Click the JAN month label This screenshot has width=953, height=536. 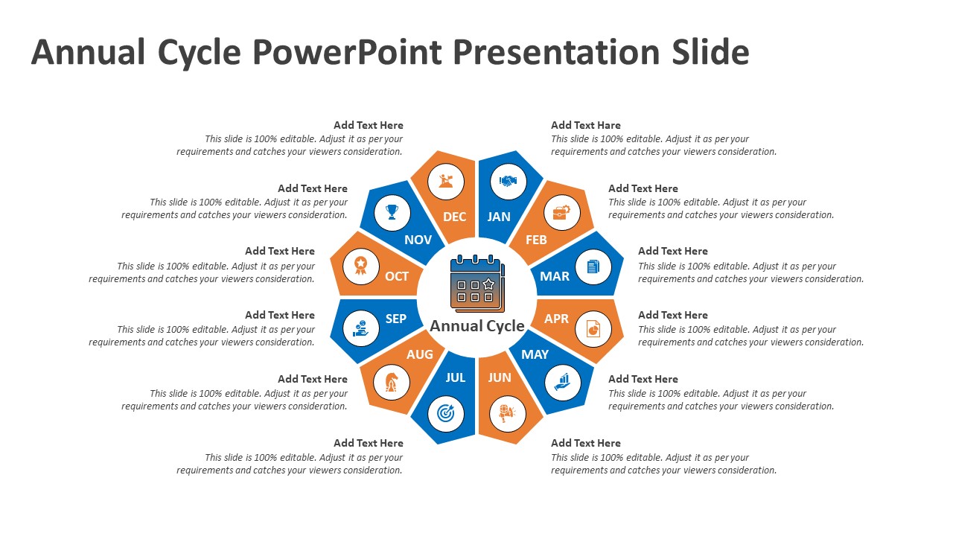tap(499, 217)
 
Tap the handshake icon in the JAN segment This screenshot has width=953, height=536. tap(508, 182)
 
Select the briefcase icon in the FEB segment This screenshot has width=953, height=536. tap(561, 214)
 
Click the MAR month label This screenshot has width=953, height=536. tap(555, 276)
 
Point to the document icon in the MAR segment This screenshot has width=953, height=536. tap(593, 266)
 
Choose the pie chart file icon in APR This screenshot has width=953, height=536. tap(593, 328)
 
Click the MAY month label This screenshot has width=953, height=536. tap(535, 354)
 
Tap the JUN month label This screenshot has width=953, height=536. tap(500, 377)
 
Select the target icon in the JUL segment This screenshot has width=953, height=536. tap(445, 413)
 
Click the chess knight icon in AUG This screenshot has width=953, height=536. tap(391, 383)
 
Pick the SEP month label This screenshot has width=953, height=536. tap(396, 319)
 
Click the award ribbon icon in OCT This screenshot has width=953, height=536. tap(360, 265)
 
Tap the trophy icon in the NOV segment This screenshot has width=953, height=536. tap(392, 212)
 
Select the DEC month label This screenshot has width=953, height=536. tap(454, 217)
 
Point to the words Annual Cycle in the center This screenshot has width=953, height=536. tap(477, 326)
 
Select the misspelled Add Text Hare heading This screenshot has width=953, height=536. tap(585, 125)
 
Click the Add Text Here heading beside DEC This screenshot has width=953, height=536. tap(368, 125)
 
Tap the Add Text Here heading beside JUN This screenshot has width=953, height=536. tap(585, 443)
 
